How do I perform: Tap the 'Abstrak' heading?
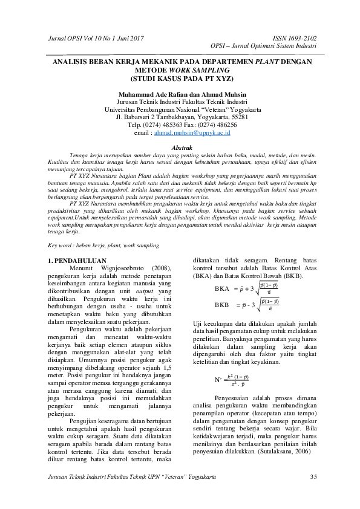coord(182,148)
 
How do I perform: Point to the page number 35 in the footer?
coord(313,477)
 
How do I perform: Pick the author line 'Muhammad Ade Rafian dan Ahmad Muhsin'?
coord(182,94)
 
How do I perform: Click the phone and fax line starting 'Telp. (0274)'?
coord(182,124)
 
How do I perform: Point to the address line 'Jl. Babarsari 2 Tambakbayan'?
coord(182,117)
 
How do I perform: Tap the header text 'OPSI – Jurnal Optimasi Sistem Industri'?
coord(263,45)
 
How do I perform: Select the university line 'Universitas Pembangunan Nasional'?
coord(182,109)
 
